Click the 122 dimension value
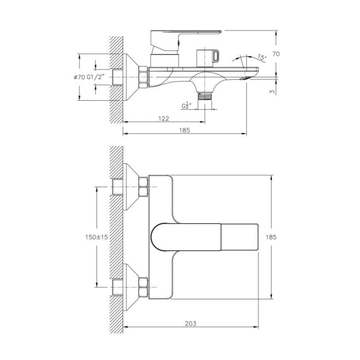point(164,118)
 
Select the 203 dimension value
point(190,324)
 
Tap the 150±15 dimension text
point(96,237)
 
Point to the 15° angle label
point(261,57)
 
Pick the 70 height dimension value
point(276,54)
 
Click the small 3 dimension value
point(272,91)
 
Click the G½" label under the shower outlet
point(186,105)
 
